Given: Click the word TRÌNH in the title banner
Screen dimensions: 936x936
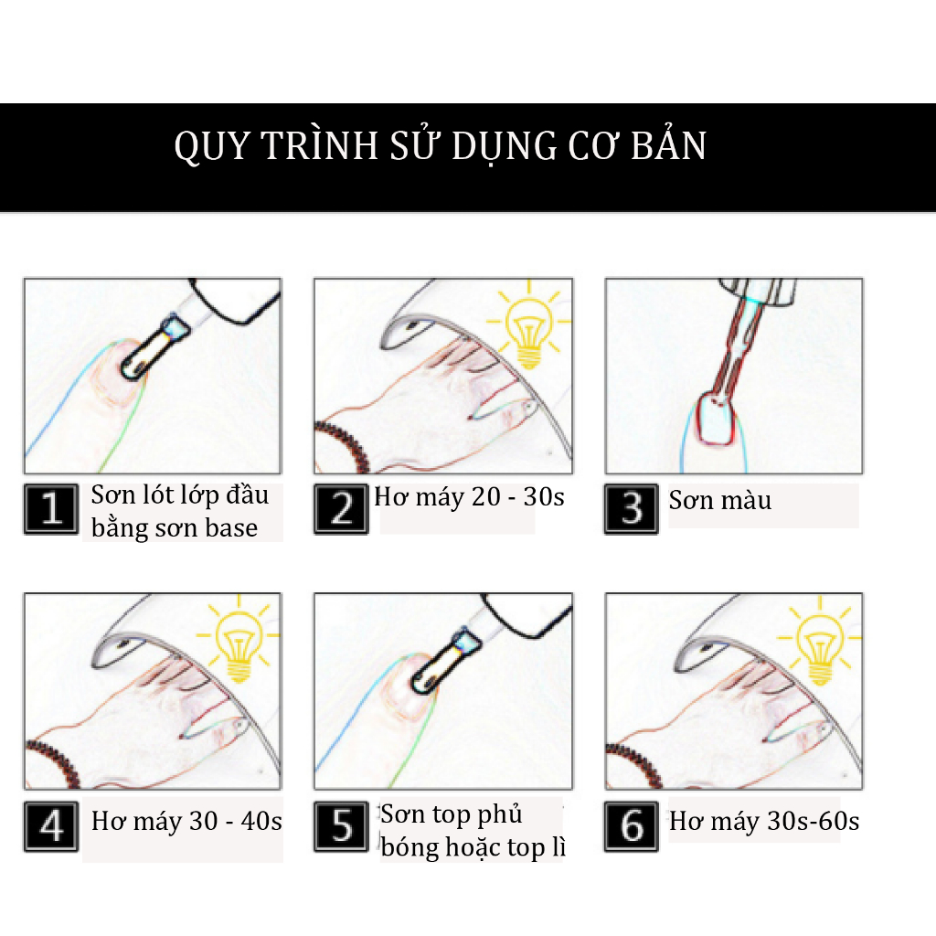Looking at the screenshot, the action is point(319,145).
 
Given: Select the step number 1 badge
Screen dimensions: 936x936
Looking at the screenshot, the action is point(51,509).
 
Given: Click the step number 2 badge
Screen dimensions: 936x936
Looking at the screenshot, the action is point(342,509).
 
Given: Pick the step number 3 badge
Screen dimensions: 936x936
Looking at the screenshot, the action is point(632,509).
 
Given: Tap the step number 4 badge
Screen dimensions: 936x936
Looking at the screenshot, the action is point(51,826).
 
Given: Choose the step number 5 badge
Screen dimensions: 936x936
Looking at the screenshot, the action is point(342,826).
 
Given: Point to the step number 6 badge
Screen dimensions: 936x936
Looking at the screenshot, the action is point(632,826).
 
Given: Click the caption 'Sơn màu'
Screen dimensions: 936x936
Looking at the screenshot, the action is point(720,500).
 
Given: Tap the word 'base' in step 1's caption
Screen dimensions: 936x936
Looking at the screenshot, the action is point(231,528).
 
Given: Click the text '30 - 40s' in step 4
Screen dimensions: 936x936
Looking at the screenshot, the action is point(235,822).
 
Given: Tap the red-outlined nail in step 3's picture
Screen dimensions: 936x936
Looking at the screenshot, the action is point(717,419).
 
